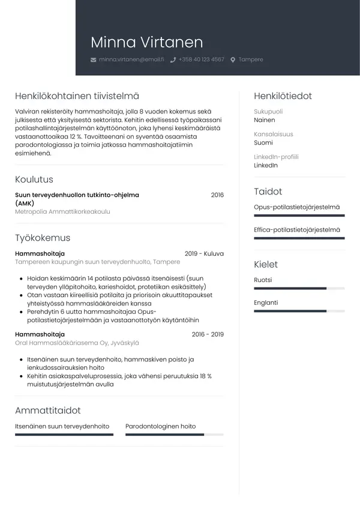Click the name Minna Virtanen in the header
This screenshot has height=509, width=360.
[146, 42]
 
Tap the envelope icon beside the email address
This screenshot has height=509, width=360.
[93, 60]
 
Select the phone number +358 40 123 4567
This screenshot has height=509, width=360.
[201, 60]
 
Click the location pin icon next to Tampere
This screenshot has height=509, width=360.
[233, 60]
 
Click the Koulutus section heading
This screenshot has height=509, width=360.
[34, 179]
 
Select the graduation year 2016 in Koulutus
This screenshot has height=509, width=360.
[217, 195]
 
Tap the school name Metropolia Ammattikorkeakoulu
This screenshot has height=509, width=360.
[62, 212]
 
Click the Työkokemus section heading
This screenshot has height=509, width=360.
[43, 238]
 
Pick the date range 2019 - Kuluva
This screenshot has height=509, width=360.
[204, 254]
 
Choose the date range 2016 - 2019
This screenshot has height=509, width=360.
[208, 334]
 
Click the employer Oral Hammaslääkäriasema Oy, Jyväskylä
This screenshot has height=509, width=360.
[77, 343]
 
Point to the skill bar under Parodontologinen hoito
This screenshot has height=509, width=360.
[174, 435]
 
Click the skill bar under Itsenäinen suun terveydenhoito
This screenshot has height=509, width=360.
[64, 435]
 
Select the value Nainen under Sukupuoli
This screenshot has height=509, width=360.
[265, 120]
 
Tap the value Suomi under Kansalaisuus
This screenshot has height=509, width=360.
[263, 143]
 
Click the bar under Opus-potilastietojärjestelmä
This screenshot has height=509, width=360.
[299, 215]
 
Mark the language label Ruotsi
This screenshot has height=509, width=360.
[263, 280]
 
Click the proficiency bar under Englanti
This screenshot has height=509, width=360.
[299, 311]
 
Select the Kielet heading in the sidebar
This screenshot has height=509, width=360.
[266, 264]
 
